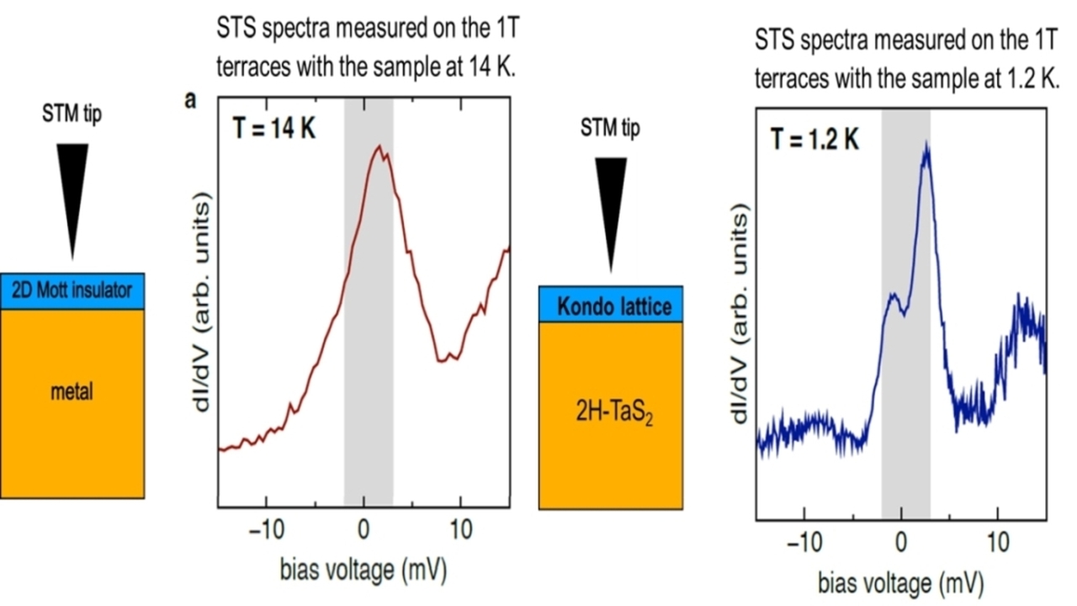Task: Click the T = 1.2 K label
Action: [815, 139]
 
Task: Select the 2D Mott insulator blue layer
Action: [72, 291]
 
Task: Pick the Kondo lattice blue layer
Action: [610, 305]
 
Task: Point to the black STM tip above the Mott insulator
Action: [72, 198]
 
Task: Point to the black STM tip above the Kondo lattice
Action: [610, 210]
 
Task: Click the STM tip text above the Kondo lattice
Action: [610, 129]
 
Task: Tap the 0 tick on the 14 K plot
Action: [363, 533]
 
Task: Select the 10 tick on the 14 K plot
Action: [460, 533]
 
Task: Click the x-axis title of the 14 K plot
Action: [363, 570]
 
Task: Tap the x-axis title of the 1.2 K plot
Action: [900, 582]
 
